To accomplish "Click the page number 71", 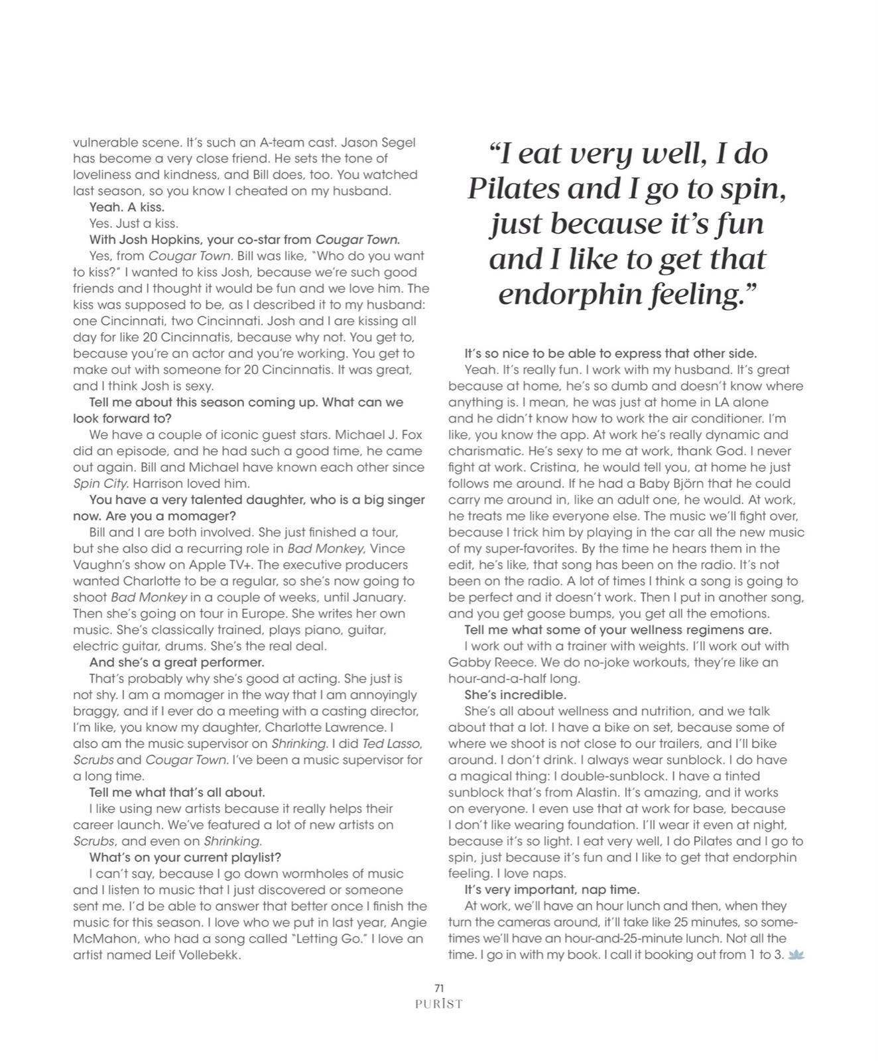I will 438,988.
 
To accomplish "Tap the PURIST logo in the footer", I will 438,1004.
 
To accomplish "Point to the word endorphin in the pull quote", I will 576,294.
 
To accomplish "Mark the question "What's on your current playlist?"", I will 185,857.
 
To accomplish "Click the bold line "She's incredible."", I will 515,695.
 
